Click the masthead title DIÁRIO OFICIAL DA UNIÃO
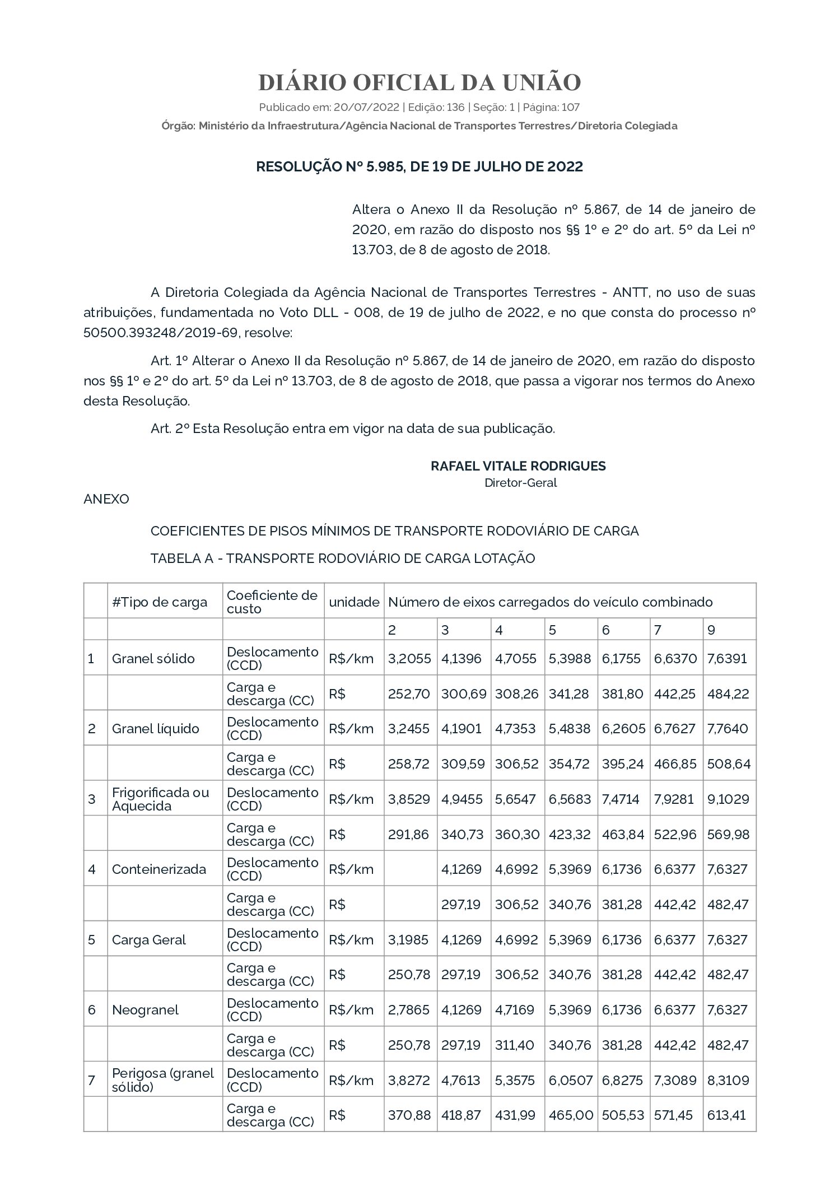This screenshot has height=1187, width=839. point(420,82)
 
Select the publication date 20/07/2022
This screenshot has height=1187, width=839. point(366,107)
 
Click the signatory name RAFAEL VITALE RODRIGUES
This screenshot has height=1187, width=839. point(518,466)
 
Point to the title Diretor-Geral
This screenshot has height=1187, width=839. point(520,483)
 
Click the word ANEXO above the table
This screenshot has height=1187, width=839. point(106,499)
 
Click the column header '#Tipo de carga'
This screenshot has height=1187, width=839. point(160,602)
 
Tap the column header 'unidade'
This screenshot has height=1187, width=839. point(354,602)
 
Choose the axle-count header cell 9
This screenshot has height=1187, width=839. point(711,630)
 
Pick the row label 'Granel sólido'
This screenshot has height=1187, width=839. point(153,659)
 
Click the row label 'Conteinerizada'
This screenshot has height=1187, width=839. point(159,869)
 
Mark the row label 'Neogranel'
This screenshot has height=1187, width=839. point(145,1010)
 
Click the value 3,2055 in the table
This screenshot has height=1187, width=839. point(409,659)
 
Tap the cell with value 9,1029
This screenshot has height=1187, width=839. point(728,799)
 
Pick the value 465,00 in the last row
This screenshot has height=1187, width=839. point(571,1115)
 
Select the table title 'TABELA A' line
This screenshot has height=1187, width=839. point(343,558)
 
